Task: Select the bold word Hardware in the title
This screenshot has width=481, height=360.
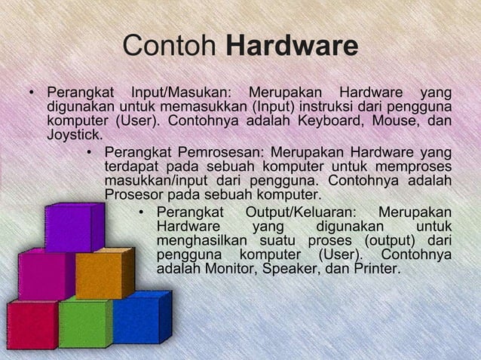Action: tap(292, 47)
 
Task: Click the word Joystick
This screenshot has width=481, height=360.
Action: tap(74, 135)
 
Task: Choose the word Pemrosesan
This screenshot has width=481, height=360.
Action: tap(219, 151)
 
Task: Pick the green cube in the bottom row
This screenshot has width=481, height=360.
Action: tap(84, 322)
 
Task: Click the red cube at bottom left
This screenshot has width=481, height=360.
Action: tap(32, 324)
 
